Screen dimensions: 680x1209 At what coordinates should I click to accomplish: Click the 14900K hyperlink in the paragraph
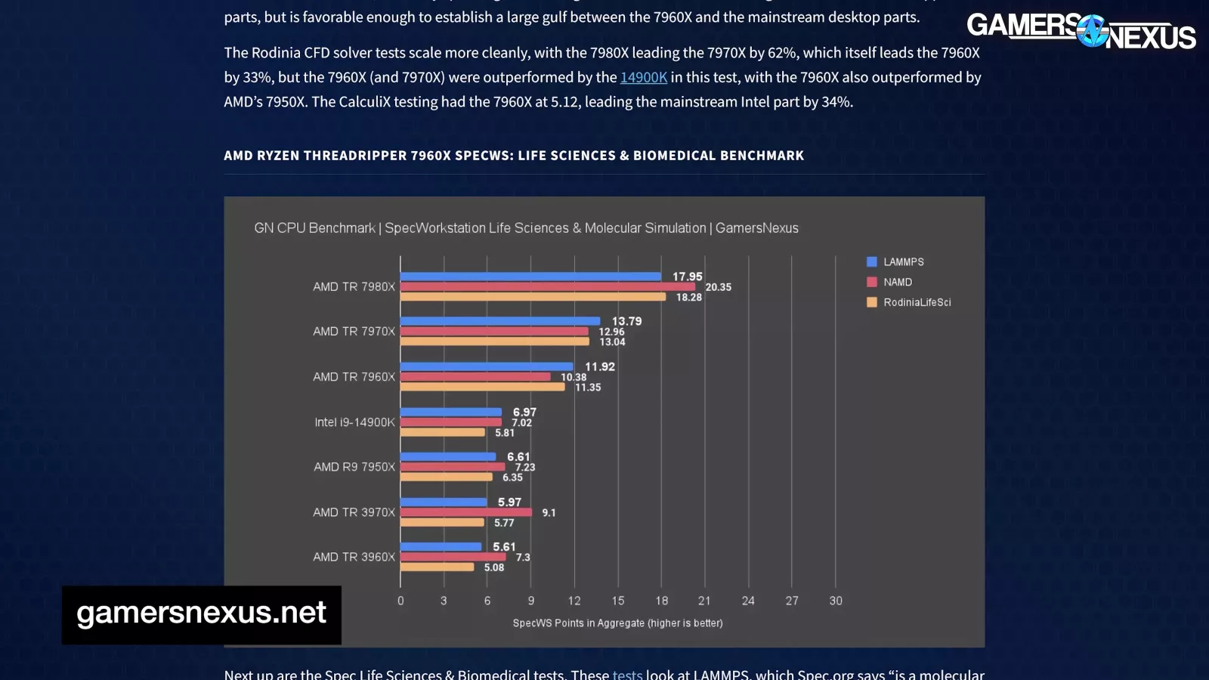[x=643, y=77]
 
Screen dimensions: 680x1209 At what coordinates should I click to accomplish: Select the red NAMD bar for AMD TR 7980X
[x=547, y=287]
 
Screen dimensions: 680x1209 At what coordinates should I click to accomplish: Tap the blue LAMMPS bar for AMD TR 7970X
[x=499, y=321]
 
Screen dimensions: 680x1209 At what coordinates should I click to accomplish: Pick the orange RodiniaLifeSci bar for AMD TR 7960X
[x=482, y=387]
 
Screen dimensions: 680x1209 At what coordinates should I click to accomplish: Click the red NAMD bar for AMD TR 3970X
[x=465, y=512]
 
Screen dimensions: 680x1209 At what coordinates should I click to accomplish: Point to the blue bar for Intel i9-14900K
[x=450, y=412]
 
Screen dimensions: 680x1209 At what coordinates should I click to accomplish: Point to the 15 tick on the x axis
[x=618, y=601]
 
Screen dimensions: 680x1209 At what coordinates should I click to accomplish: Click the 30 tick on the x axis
[x=836, y=601]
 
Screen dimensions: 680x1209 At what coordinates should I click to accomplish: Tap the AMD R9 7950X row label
[x=354, y=467]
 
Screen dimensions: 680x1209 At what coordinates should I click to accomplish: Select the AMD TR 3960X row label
[x=354, y=557]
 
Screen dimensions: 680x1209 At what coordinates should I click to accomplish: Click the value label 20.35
[x=718, y=287]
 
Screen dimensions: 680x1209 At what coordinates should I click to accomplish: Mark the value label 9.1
[x=549, y=513]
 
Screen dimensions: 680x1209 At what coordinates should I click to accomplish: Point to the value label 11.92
[x=600, y=366]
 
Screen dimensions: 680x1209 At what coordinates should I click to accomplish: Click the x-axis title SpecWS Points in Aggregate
[x=617, y=623]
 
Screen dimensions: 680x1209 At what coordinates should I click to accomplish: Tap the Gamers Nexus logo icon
[x=1093, y=32]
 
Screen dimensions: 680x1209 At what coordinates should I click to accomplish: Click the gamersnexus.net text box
[x=201, y=614]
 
